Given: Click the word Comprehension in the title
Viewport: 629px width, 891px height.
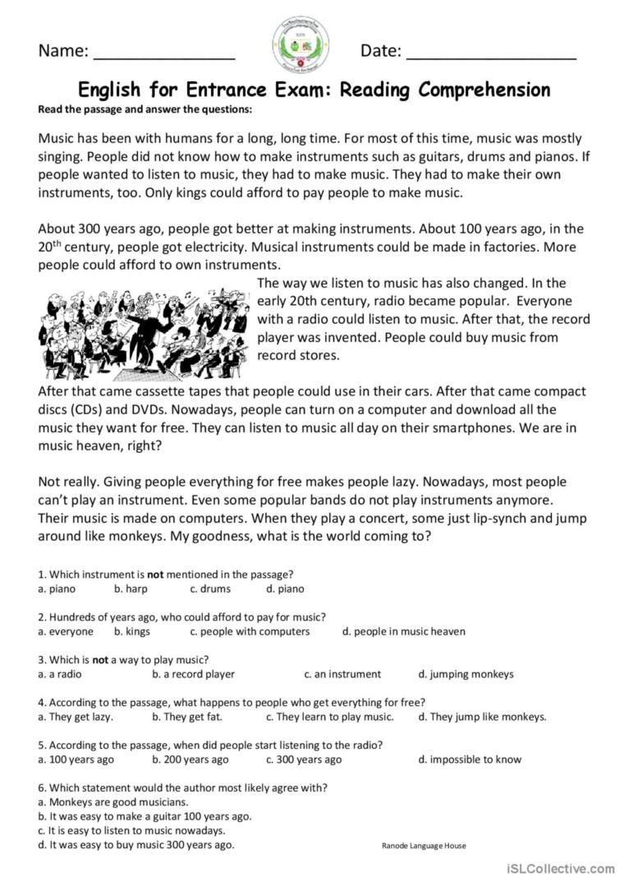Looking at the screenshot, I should click(484, 89).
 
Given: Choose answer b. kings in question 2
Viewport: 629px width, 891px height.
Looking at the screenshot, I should click(131, 631).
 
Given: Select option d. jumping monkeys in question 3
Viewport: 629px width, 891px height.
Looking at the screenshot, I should click(466, 674).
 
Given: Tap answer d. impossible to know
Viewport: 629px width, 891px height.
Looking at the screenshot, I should click(470, 759).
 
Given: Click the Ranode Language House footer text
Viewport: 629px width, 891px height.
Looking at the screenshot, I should click(424, 846).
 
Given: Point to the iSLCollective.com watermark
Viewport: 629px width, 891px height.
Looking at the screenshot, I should click(561, 869).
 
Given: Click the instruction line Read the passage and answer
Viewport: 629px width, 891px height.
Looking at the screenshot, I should click(145, 109).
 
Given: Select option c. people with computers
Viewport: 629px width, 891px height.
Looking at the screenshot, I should click(250, 631).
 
